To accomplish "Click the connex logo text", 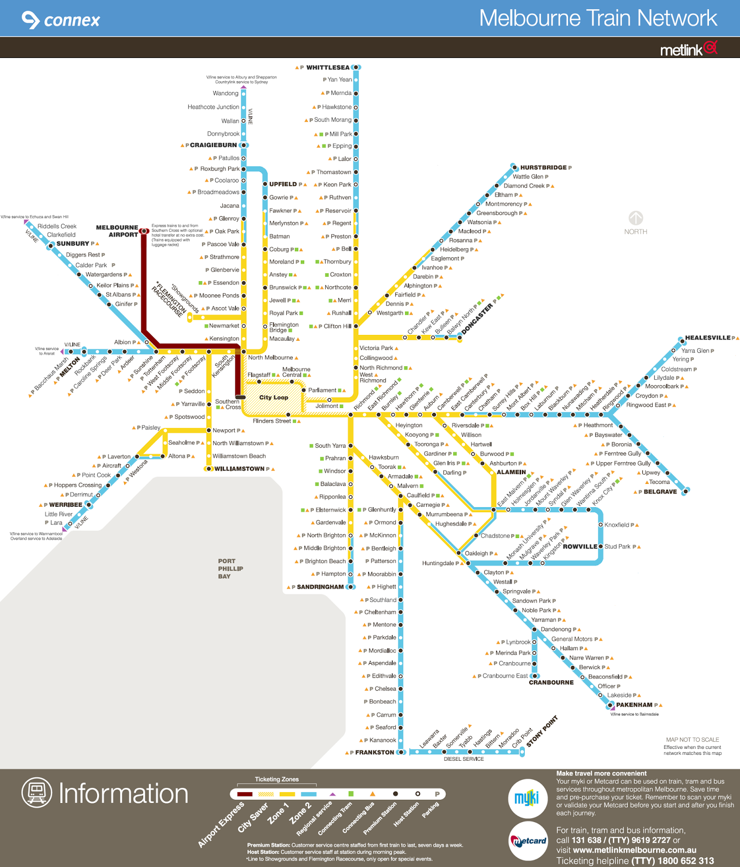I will tap(72, 21).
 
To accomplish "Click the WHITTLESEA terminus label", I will tap(327, 68).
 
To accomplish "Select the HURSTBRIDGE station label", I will tap(543, 167).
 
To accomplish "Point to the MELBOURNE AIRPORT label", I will tap(117, 231).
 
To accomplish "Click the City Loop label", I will tap(273, 397).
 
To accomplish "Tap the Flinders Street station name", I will tap(272, 421).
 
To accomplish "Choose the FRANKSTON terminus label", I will tap(374, 752).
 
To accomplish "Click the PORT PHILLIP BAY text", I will tap(230, 568).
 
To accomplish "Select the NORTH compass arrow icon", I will tap(635, 218).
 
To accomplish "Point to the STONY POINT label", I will tap(542, 732).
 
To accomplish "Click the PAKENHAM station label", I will tap(634, 705).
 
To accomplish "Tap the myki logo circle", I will tap(527, 798).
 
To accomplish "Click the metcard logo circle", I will tap(529, 840).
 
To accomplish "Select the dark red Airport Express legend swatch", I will tap(244, 794).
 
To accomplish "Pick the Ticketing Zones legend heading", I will tap(276, 779).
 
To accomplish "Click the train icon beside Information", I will tap(37, 792).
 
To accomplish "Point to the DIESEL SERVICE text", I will tap(464, 759).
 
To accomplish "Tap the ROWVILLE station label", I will tap(580, 547).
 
